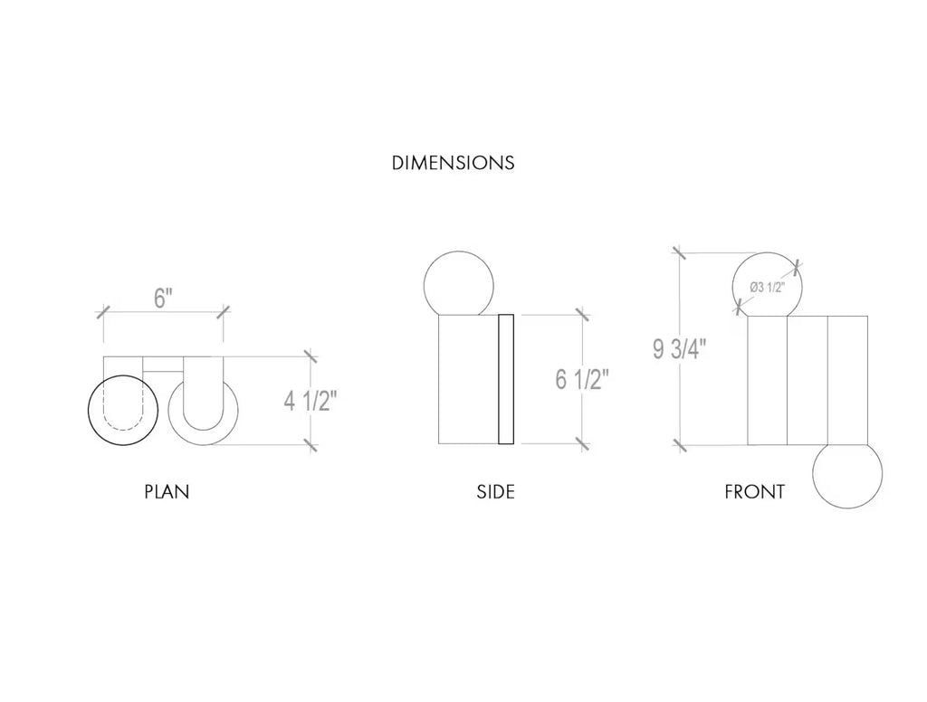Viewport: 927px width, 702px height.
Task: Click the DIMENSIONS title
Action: pos(453,164)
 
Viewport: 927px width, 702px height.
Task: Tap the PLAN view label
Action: pos(167,493)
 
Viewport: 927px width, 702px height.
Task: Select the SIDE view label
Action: pos(495,493)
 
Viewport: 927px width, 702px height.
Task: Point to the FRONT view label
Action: pos(754,493)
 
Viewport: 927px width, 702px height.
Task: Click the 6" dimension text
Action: pos(163,299)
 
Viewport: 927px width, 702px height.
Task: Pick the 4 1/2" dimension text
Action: pos(310,401)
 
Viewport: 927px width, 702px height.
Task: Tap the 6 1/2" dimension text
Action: pos(582,379)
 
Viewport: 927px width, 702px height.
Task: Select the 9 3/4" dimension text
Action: pos(680,348)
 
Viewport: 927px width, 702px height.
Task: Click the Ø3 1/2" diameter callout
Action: pos(767,287)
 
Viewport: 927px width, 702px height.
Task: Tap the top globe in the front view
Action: pos(766,286)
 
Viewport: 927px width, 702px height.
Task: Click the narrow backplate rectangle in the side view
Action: pos(506,379)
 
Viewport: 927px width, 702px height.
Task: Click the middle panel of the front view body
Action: pos(808,380)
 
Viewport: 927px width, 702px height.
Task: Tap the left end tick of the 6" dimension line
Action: pos(102,313)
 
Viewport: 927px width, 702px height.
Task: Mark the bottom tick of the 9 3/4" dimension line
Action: pos(679,444)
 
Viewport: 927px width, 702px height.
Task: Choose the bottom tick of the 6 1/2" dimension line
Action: pos(582,443)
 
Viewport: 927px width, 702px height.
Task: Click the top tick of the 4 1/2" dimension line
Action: pos(311,356)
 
